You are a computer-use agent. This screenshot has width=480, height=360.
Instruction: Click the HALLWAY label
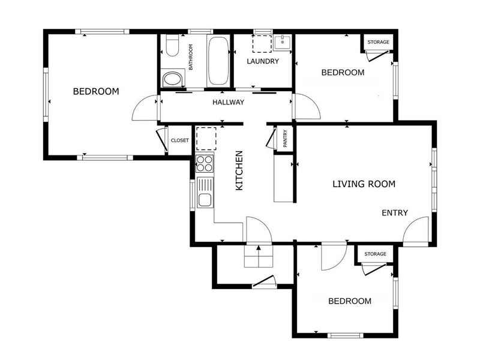tap(228, 102)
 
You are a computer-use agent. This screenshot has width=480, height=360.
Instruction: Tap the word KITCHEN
tap(239, 170)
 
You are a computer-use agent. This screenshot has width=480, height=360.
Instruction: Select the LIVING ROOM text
tap(364, 184)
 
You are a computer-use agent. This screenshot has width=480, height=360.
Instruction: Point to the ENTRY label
tap(395, 213)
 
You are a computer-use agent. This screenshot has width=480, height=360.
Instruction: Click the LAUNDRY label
tap(263, 61)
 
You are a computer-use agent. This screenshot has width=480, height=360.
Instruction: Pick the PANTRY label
tap(286, 139)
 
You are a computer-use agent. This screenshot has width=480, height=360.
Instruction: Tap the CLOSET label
tap(179, 140)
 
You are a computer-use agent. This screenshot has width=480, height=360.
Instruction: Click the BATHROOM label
tap(191, 57)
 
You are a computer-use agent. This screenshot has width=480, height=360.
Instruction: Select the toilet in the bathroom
tap(172, 46)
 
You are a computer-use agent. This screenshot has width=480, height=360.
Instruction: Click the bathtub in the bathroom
tap(218, 61)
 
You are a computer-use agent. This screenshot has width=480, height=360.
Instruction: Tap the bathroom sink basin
tap(172, 79)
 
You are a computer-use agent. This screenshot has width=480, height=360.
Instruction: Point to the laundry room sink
tap(282, 42)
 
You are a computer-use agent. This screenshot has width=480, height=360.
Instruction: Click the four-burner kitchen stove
tap(205, 164)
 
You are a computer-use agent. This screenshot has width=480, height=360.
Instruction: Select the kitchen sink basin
tap(205, 200)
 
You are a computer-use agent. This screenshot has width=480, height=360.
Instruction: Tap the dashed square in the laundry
tap(262, 44)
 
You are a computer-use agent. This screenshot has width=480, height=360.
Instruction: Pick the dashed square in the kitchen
tap(206, 139)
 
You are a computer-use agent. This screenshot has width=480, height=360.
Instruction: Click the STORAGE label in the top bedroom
tap(379, 42)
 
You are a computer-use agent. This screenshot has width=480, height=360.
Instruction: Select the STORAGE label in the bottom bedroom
tap(376, 254)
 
